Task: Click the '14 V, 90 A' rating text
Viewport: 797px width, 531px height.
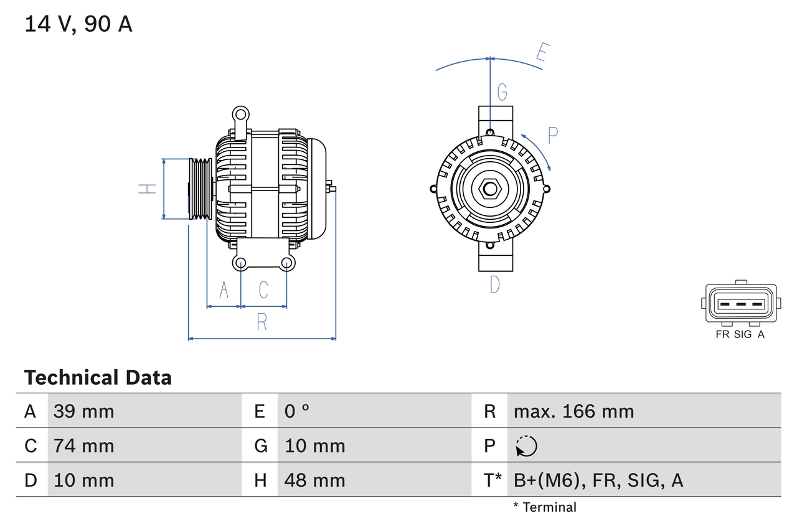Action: (x=78, y=24)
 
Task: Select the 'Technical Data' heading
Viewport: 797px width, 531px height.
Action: (x=98, y=377)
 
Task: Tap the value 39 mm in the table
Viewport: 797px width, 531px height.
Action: (x=83, y=411)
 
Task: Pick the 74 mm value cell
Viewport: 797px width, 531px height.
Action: (x=83, y=446)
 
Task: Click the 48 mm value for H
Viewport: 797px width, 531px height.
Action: (x=314, y=480)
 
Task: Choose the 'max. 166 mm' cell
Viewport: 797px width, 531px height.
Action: (x=573, y=411)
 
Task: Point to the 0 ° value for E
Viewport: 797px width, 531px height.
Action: (x=297, y=411)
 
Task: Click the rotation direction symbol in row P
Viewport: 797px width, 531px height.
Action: (x=526, y=446)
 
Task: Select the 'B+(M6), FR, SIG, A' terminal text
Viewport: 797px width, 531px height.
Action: (x=598, y=480)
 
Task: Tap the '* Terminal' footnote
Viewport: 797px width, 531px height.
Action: (x=545, y=507)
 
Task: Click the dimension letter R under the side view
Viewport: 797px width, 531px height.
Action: (x=262, y=322)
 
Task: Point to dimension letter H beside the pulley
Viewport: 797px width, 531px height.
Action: (x=148, y=189)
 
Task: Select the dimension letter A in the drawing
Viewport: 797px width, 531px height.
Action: (x=224, y=289)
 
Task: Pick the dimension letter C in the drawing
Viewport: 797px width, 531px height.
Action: (x=263, y=289)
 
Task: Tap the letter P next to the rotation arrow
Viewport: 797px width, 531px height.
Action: (x=552, y=135)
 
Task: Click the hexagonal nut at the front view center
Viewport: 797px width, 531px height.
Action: (x=490, y=189)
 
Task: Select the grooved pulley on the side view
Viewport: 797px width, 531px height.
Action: (x=200, y=189)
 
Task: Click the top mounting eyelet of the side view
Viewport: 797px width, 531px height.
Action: (x=240, y=114)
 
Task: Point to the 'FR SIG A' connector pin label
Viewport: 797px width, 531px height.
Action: (x=740, y=334)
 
